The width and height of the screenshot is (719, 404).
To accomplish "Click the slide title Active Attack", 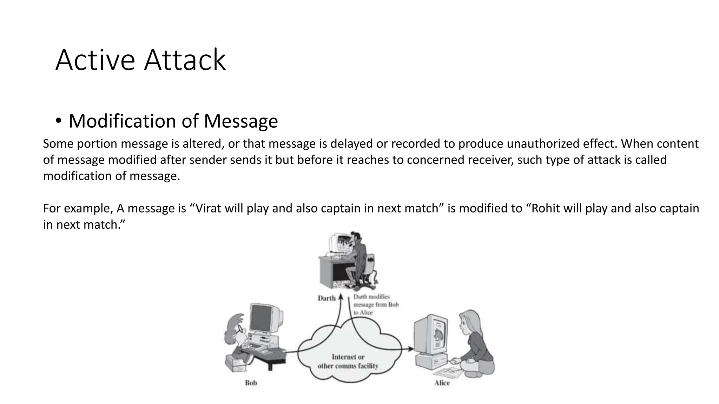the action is tap(140, 60).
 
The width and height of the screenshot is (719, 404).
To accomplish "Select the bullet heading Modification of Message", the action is tap(173, 121).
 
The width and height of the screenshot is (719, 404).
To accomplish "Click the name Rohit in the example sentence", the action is tap(546, 208).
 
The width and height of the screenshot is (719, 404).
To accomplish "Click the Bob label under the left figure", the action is tap(251, 383).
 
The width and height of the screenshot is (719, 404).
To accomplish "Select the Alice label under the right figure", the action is tap(442, 383).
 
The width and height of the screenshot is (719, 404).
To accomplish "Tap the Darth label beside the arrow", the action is tap(326, 298).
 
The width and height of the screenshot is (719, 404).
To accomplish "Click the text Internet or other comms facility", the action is tap(348, 361).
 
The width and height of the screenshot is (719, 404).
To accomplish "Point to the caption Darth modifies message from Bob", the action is tap(376, 304).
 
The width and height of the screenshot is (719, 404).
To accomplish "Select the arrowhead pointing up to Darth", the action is tap(340, 298).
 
